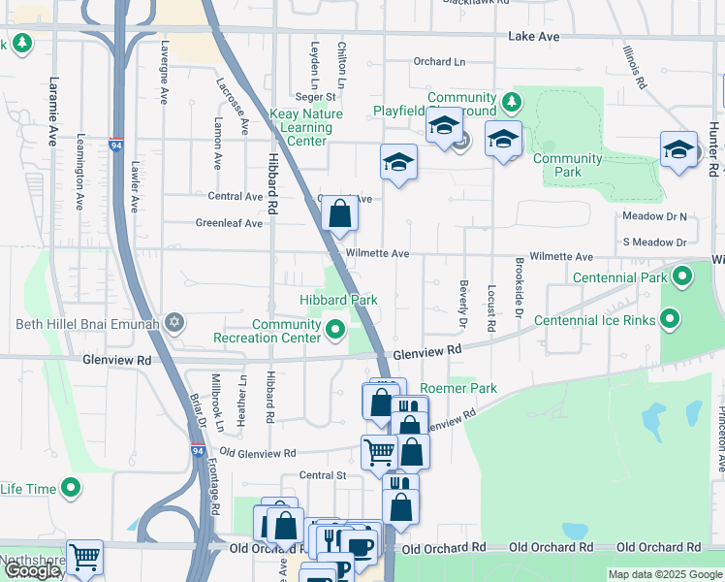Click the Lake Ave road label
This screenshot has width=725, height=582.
click(x=533, y=36)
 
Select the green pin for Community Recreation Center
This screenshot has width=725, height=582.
click(x=335, y=331)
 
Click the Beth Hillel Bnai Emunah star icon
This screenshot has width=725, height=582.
click(x=174, y=322)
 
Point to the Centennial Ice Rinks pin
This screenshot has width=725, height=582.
click(x=669, y=319)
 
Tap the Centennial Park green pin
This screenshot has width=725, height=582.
click(x=682, y=277)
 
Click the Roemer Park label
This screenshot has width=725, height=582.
click(x=457, y=388)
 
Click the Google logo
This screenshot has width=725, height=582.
click(x=33, y=570)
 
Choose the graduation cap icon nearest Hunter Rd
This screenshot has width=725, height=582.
click(x=679, y=149)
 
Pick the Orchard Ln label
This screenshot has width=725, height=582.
click(x=439, y=61)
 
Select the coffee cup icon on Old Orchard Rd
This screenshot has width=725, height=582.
click(x=360, y=546)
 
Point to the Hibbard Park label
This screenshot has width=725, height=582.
click(x=338, y=301)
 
